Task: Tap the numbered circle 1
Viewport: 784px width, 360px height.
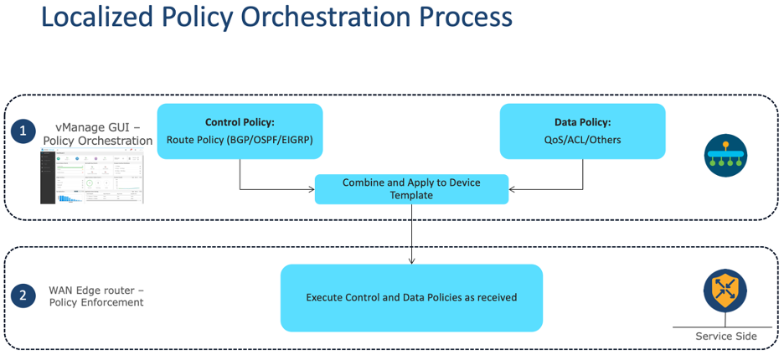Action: [x=23, y=131]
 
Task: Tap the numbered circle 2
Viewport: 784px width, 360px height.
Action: [x=23, y=296]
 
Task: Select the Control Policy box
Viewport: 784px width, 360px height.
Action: [x=240, y=131]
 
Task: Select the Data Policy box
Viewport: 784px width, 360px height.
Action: [x=582, y=131]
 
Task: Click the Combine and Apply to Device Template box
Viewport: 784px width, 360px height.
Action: [x=411, y=189]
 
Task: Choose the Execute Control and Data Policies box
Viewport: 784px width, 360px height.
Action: [x=411, y=297]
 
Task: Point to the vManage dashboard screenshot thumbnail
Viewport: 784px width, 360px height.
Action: [x=91, y=176]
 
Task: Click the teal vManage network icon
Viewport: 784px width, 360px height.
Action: [x=725, y=155]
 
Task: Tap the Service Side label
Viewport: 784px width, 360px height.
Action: [x=725, y=337]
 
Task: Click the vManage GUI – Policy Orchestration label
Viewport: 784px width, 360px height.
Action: [x=98, y=134]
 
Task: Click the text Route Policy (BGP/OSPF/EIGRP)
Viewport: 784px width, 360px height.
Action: [x=240, y=140]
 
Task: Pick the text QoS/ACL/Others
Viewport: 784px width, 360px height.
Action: [x=582, y=140]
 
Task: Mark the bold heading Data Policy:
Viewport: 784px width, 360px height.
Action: [x=582, y=122]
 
